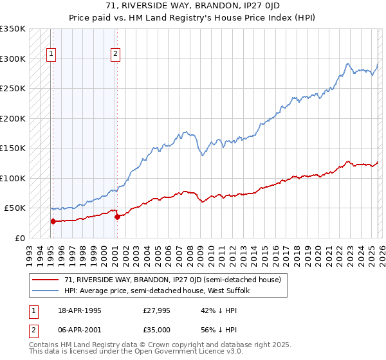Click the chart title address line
click(192, 6)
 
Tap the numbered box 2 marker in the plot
click(116, 55)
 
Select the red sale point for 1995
click(53, 221)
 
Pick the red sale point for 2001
click(117, 217)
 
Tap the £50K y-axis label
click(15, 208)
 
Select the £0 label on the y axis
click(21, 238)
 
